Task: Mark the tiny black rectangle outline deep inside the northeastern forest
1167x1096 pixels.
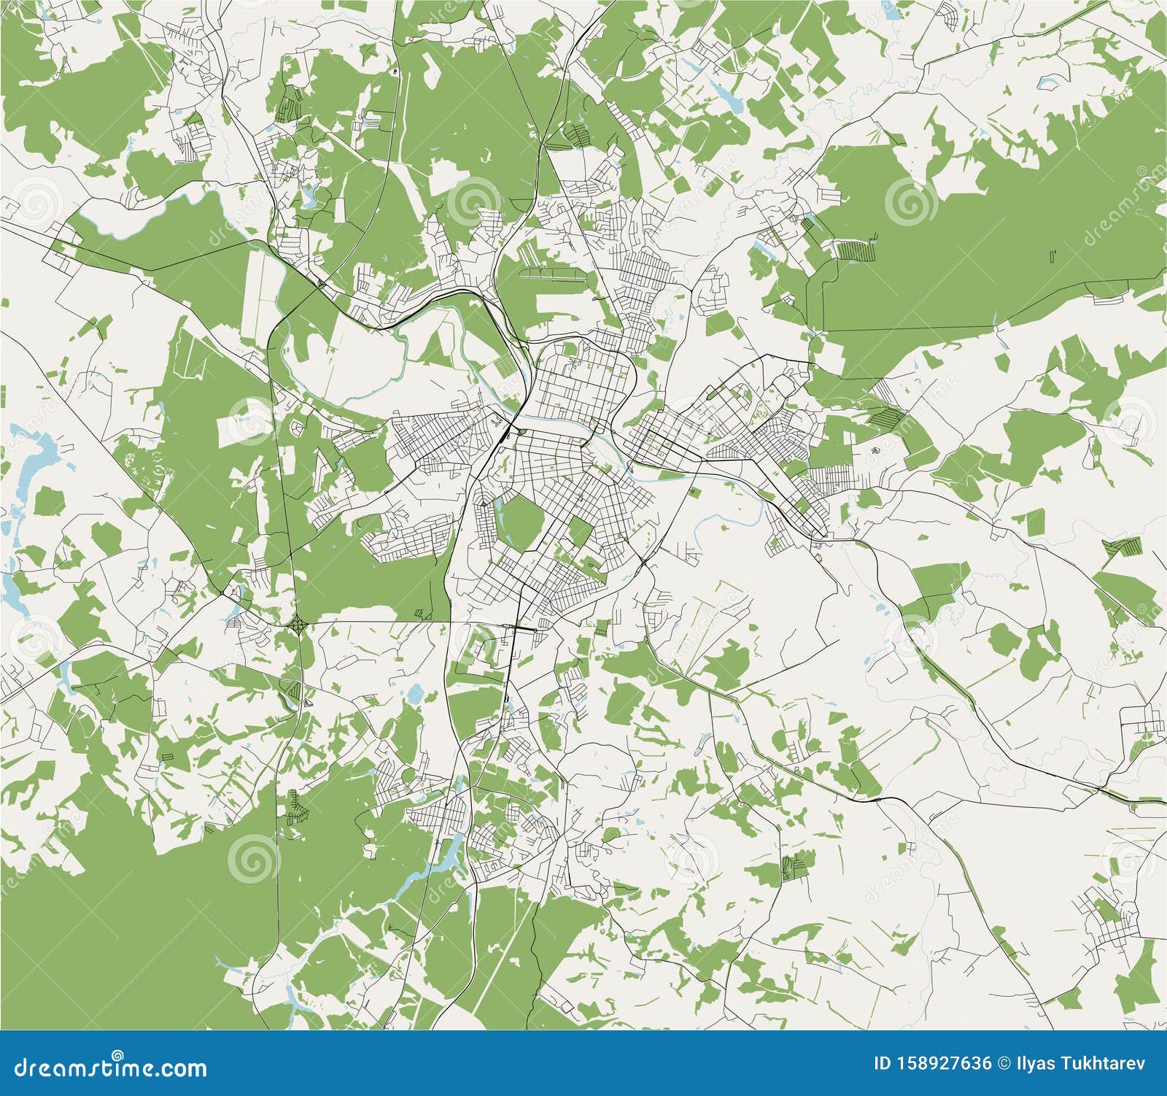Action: (1052, 255)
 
